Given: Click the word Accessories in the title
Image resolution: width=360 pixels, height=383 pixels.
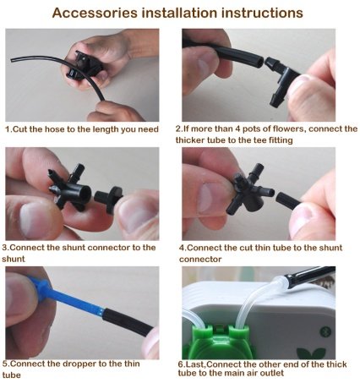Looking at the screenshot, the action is (95, 13).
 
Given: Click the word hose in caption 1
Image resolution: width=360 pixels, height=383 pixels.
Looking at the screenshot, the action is (56, 129).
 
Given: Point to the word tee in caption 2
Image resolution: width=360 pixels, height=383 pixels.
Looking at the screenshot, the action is (259, 140).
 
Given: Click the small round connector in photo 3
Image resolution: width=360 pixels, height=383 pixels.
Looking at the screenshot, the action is (109, 198).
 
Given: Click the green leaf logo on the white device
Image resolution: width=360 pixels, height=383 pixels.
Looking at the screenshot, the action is (311, 353).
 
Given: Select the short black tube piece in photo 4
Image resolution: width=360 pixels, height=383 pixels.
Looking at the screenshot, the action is (287, 200).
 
